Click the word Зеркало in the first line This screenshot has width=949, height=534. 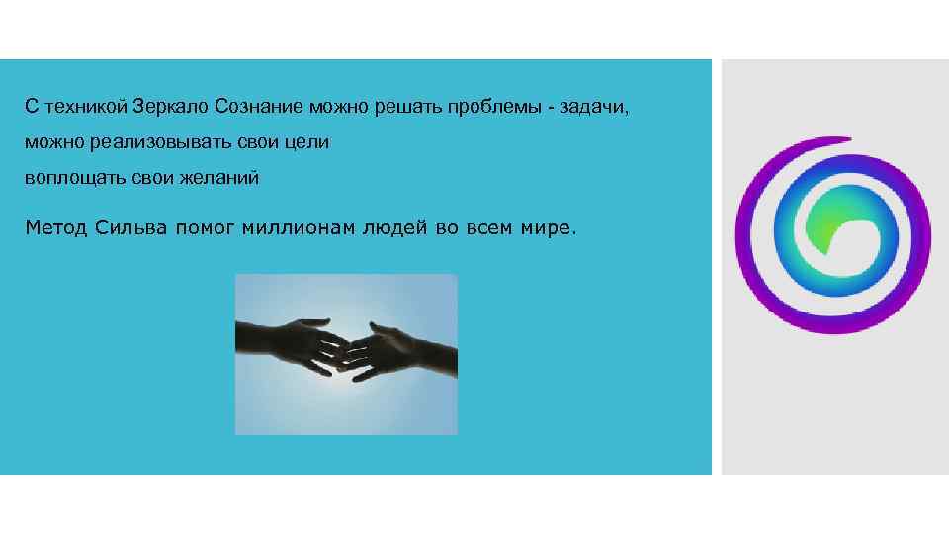[171, 105]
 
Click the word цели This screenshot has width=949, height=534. [306, 142]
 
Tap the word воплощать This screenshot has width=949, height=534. [65, 179]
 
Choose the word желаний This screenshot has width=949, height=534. [221, 179]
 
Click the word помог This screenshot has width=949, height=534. [208, 228]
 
